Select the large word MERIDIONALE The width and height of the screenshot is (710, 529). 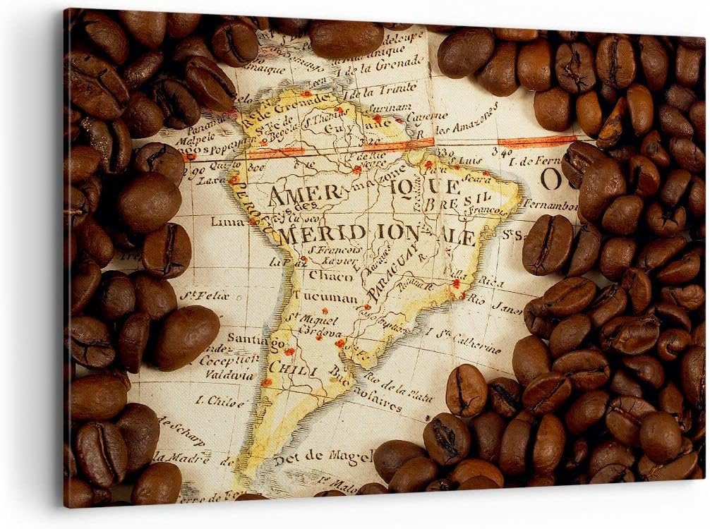(x=375, y=236)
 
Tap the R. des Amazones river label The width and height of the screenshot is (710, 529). (x=466, y=121)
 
